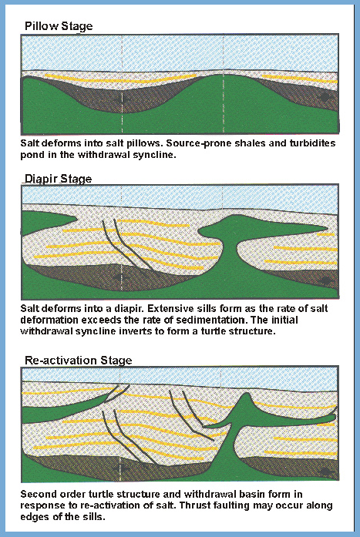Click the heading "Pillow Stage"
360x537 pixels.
click(x=59, y=26)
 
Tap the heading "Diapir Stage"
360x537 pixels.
click(x=59, y=179)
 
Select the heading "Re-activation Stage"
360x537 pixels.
click(x=79, y=361)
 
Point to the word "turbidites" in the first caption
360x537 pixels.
click(x=313, y=143)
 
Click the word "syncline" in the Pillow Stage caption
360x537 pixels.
click(x=157, y=155)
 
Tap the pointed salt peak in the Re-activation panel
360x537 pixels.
click(x=245, y=398)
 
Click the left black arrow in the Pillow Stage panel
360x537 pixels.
click(x=122, y=99)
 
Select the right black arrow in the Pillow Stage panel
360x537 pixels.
click(x=325, y=97)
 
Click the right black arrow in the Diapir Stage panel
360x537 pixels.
click(x=325, y=280)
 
